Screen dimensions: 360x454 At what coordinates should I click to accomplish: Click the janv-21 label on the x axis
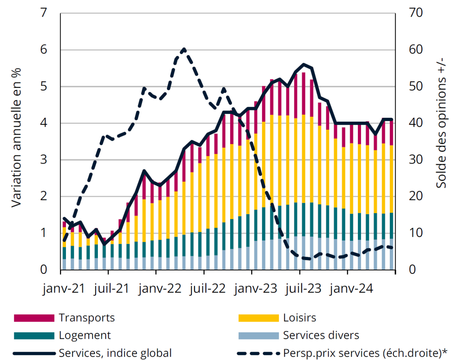coord(64,288)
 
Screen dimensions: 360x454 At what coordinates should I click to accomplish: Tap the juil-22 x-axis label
coord(207,288)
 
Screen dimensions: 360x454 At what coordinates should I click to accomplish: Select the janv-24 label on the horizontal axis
coord(351,288)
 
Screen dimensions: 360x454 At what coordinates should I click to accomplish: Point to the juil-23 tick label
coord(303,288)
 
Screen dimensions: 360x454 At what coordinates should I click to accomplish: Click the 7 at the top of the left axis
coord(44,13)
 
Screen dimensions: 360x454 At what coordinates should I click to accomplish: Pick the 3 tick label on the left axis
coord(44,160)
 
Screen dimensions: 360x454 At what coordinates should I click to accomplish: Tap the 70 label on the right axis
coord(416,13)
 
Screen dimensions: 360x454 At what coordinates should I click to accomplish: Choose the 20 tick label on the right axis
coord(416,196)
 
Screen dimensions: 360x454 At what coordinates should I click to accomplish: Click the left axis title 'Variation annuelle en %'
coord(16,138)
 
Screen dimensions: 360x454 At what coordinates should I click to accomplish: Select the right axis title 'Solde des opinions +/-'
coord(441,122)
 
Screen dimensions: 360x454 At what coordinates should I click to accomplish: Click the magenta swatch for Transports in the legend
coord(34,318)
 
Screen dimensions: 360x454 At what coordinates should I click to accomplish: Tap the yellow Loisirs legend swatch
coord(259,318)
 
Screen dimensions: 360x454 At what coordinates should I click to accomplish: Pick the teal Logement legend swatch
coord(34,336)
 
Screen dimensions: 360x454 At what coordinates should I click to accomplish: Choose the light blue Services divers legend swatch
coord(259,336)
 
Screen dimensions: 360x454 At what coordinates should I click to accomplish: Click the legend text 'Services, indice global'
coord(115,353)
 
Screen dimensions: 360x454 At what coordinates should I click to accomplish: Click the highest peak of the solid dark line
coord(304,64)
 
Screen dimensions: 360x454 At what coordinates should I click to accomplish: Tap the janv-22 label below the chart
coord(160,288)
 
